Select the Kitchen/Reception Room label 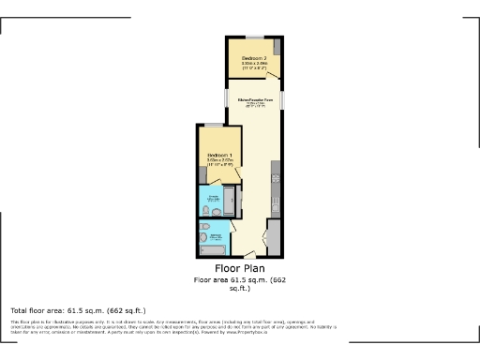tap(254, 100)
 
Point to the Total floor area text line tap(78, 310)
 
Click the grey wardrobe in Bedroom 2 tap(277, 48)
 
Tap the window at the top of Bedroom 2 tap(254, 37)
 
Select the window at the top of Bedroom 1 tap(215, 125)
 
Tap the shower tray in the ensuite tap(230, 201)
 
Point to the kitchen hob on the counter tap(275, 173)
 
